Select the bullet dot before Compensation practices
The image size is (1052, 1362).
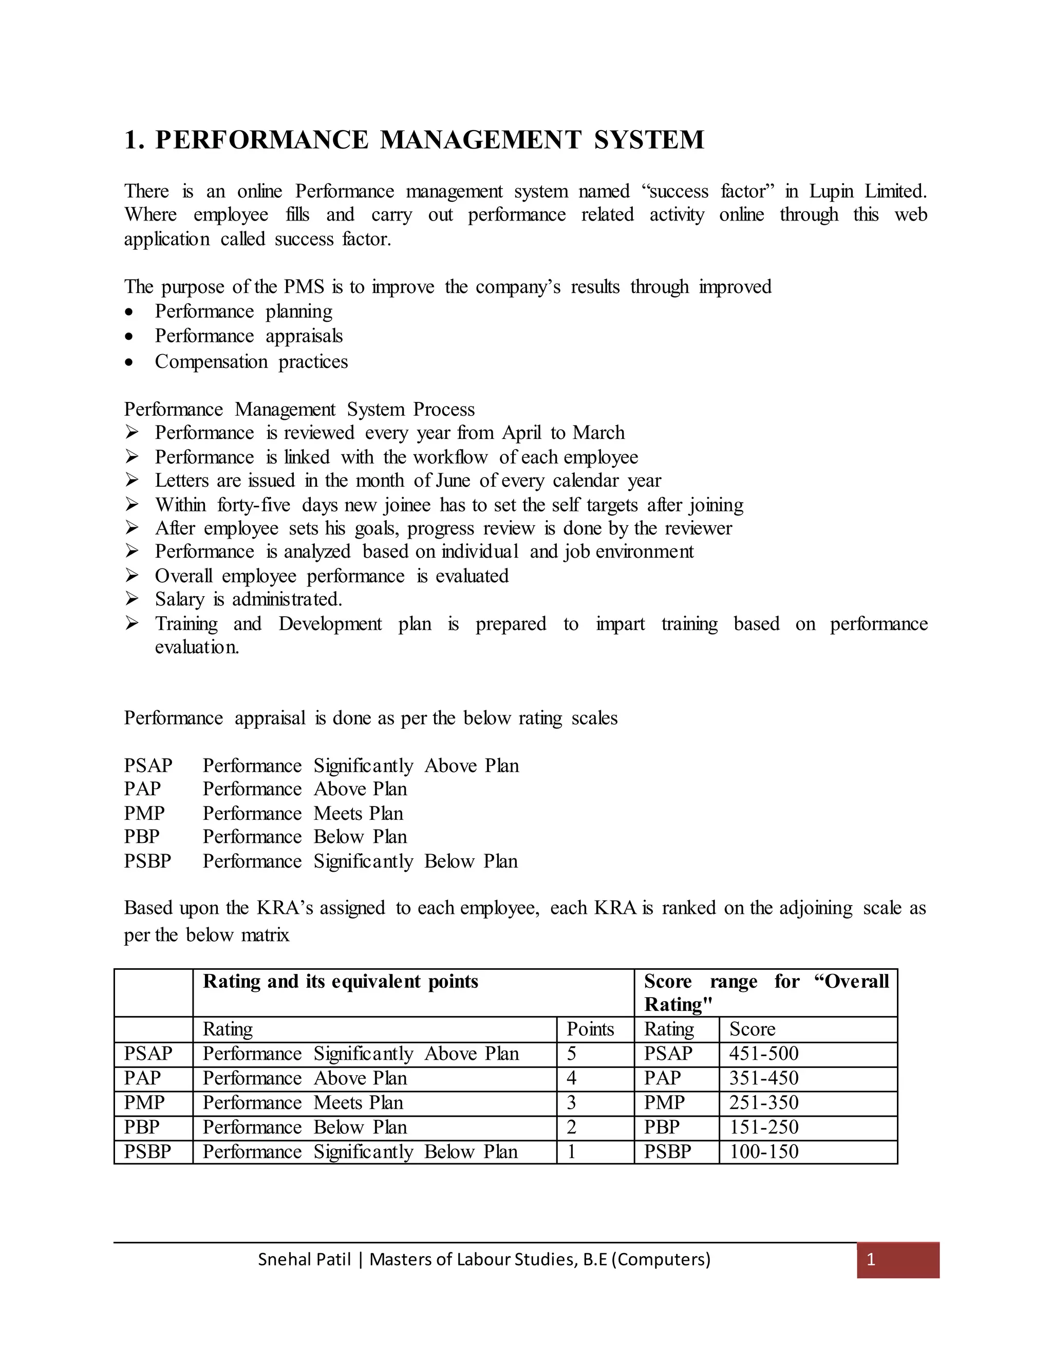point(129,362)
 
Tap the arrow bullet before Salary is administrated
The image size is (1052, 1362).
point(131,599)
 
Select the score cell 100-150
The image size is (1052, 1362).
point(763,1152)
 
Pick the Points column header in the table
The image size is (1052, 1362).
point(590,1029)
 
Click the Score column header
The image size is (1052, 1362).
point(752,1029)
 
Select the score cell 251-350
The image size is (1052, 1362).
point(763,1102)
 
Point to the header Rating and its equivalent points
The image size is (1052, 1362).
point(340,982)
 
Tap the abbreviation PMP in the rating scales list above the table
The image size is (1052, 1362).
point(144,813)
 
